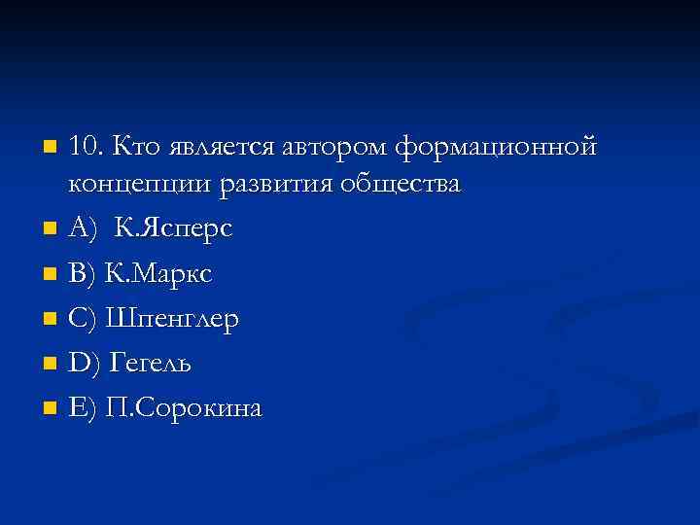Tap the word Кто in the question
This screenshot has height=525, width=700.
[x=136, y=148]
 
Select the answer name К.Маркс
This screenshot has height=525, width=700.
[x=159, y=274]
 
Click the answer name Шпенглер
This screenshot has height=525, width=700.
[x=175, y=319]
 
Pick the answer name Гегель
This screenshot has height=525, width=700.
[x=152, y=364]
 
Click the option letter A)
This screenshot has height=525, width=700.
[x=84, y=229]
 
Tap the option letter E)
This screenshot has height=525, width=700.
[x=83, y=408]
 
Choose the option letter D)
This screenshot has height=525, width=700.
[x=85, y=364]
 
